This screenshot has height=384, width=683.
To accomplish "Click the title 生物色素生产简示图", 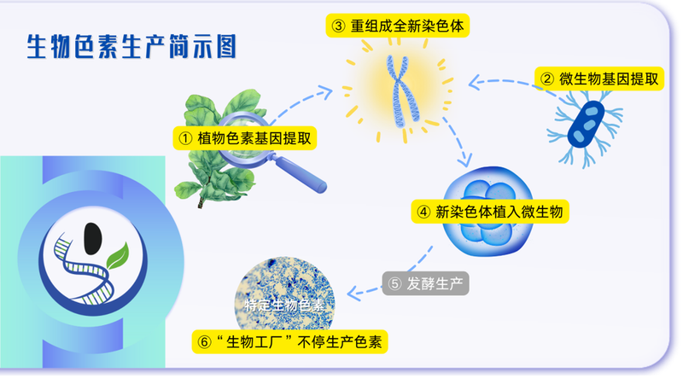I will pos(131,47).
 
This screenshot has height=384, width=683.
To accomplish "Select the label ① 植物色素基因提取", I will pos(243,137).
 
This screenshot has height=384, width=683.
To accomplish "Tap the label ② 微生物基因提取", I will pos(601,79).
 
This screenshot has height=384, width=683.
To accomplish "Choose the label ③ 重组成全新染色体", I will pos(399,26).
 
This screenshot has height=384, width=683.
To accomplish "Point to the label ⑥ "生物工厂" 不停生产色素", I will pos(291,342).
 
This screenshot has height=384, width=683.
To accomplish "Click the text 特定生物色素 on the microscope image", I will pos(284,305).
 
